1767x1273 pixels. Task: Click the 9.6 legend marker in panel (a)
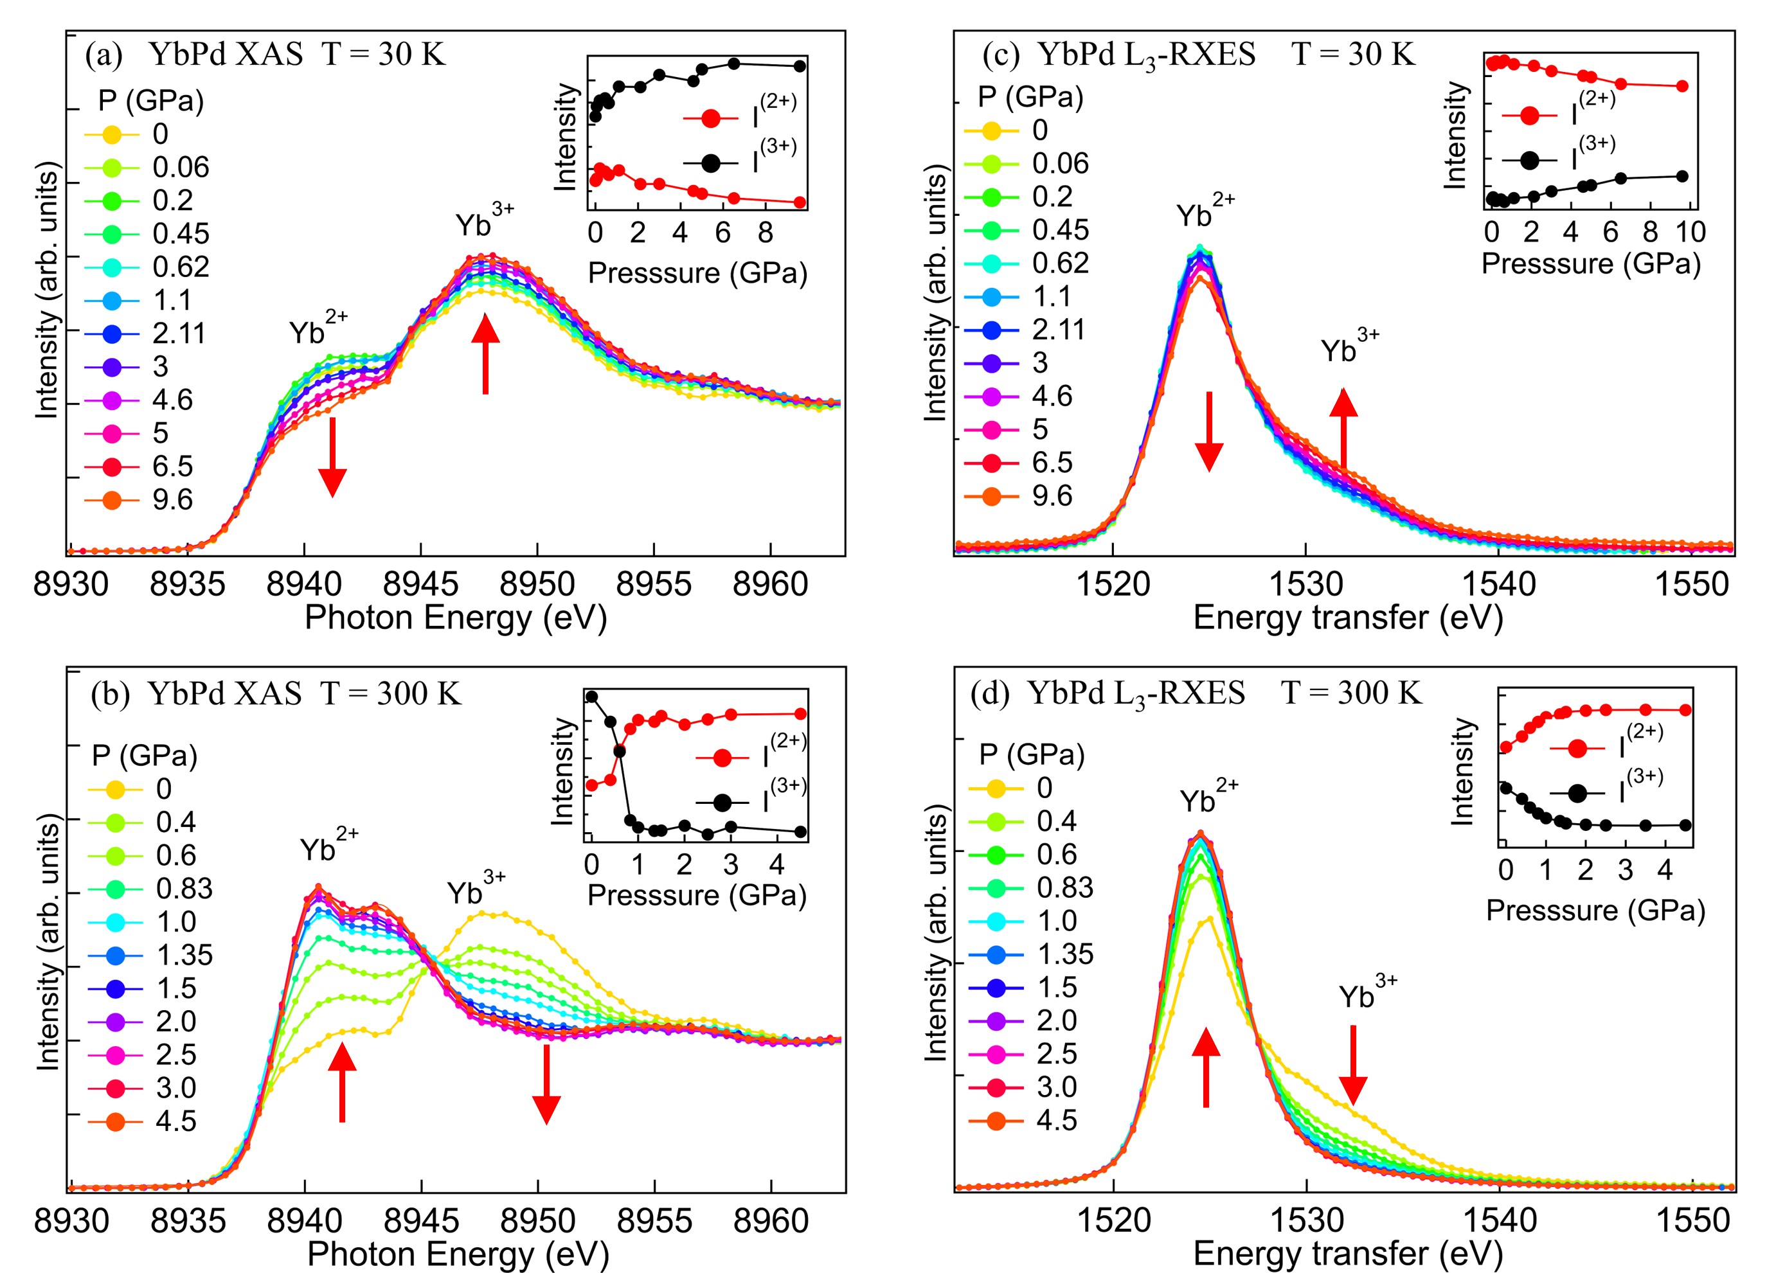tap(111, 500)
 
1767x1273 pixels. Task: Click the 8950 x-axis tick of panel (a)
tap(537, 584)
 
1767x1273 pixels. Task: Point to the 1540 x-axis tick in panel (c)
tap(1499, 584)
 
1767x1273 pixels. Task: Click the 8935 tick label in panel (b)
tap(188, 1221)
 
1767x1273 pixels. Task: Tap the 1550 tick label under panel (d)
tap(1692, 1220)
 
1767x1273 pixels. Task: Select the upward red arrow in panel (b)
tap(342, 1082)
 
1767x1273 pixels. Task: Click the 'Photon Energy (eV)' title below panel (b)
tap(458, 1254)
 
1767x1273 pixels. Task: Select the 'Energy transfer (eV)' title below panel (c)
tap(1348, 618)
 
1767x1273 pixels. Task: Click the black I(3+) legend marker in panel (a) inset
tap(710, 163)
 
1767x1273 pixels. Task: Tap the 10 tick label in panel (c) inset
tap(1690, 232)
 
